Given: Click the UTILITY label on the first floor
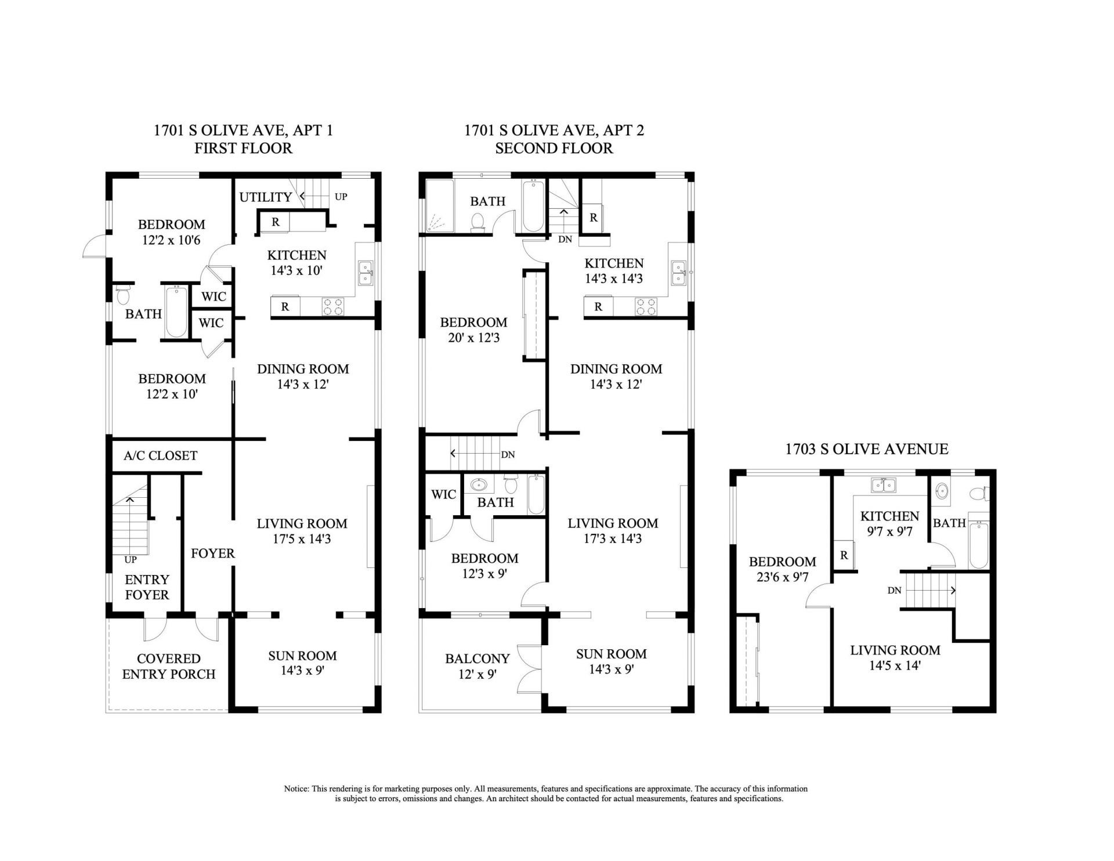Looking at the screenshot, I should [265, 197].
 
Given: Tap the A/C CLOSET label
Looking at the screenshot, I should [160, 456].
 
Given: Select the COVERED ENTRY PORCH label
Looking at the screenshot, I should [168, 667].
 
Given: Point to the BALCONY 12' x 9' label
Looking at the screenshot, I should [477, 667].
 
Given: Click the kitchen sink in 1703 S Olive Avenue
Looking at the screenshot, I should [882, 485].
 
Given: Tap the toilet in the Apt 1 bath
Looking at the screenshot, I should [122, 295].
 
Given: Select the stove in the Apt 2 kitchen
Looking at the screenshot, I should [646, 306].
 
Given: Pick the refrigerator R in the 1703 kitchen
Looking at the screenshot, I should [844, 555].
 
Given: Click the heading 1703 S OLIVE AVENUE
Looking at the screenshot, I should [867, 449].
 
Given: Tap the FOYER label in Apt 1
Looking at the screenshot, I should [212, 553].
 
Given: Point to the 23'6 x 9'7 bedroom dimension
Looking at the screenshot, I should [782, 577].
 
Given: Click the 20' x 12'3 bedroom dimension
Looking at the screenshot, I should [473, 338].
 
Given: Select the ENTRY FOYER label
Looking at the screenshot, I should [147, 587].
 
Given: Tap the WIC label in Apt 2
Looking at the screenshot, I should [443, 495].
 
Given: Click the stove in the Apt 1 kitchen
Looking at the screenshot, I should [333, 306].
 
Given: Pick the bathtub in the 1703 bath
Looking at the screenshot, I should [978, 545].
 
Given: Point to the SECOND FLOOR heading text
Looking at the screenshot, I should [554, 149].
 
